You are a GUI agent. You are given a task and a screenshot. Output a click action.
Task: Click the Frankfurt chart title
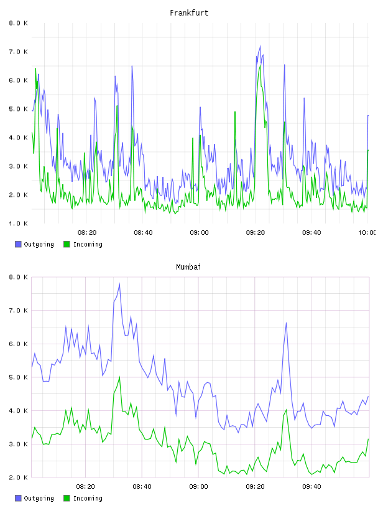189,13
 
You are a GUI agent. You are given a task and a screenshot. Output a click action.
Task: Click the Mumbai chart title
188,267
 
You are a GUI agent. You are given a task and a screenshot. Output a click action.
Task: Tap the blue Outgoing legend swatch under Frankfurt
18,244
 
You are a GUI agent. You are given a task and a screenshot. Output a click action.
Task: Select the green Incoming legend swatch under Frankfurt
67,244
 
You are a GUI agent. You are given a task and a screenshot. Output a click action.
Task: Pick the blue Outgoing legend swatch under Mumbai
18,498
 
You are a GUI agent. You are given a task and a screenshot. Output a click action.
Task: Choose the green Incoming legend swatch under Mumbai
67,498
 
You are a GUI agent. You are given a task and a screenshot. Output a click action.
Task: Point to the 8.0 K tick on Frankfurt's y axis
19,23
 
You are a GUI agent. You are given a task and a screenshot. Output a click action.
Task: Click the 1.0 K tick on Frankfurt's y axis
19,223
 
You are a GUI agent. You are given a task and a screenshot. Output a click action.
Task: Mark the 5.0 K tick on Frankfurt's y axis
19,109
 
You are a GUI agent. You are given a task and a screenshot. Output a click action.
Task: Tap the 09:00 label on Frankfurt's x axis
200,233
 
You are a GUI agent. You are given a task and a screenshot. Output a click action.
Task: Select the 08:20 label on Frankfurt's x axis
87,233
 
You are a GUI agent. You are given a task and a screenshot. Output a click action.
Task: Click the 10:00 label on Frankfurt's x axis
367,233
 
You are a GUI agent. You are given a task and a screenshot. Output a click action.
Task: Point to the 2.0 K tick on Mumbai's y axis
19,477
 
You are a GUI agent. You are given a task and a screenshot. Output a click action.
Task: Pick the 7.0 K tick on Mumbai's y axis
19,311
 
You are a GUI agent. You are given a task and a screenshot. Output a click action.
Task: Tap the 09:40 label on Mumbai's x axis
311,487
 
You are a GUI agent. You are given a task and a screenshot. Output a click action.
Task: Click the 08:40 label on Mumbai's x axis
142,487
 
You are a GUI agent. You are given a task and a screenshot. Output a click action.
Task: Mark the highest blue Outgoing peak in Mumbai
120,284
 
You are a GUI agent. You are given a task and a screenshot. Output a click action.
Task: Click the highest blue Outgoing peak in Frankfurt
260,46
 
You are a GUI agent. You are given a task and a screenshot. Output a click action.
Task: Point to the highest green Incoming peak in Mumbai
120,377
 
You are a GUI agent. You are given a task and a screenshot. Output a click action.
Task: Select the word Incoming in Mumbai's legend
88,499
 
